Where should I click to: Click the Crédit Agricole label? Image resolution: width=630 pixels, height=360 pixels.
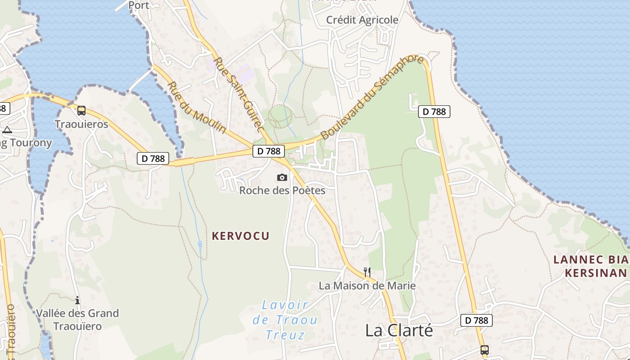tap(362, 20)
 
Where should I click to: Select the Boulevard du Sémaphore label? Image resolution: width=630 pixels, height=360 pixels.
tap(372, 97)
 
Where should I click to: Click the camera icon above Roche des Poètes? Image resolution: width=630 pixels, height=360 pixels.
tap(282, 177)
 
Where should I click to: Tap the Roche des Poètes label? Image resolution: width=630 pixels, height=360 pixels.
tap(282, 190)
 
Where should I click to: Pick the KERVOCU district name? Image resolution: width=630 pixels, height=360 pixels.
tap(241, 236)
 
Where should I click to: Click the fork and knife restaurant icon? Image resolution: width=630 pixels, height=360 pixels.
tap(367, 272)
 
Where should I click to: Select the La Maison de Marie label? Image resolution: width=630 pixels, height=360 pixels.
tap(367, 286)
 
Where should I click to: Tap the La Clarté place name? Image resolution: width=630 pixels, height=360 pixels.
tap(399, 330)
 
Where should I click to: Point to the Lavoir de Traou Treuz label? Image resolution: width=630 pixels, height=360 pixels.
tap(285, 320)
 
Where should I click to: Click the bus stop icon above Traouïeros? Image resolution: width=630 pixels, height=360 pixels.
tap(81, 111)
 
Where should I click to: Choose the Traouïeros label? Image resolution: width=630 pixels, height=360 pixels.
tap(81, 124)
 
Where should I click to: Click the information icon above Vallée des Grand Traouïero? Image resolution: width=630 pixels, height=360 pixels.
tap(77, 300)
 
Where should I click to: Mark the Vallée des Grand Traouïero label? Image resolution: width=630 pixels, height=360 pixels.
tap(77, 319)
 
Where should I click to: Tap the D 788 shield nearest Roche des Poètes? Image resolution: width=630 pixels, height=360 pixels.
tap(269, 151)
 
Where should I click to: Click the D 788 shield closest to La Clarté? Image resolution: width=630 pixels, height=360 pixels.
tap(477, 320)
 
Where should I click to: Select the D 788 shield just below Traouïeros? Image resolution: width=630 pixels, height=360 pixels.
tap(153, 158)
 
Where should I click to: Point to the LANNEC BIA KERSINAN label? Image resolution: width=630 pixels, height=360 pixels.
tap(590, 266)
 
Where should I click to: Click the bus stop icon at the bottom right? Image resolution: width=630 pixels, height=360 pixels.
tap(484, 350)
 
